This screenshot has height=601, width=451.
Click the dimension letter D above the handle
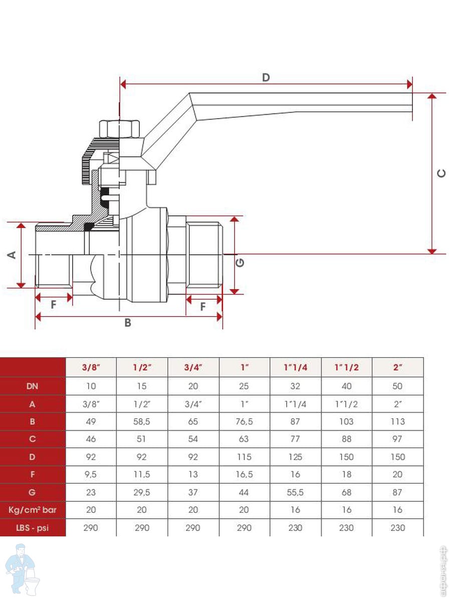coord(266,78)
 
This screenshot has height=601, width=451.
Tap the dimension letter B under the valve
coord(128,323)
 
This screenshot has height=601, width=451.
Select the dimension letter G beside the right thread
coord(241,261)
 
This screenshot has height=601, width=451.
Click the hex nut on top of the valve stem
coord(120,129)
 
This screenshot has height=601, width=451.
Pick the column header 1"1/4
coord(295,368)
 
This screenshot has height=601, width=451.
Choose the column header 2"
coord(398,368)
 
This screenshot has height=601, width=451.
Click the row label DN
coord(33,386)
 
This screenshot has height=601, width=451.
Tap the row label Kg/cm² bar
coord(33,510)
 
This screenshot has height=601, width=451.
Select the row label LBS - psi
coord(33,527)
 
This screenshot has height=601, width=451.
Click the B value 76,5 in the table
coord(244,422)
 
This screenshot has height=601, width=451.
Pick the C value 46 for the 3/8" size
coord(91,439)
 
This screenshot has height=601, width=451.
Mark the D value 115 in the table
coord(244,457)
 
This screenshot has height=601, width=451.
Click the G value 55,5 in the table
coord(295,492)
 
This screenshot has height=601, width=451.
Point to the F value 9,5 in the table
coord(91,475)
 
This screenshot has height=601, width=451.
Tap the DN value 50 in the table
coord(398,386)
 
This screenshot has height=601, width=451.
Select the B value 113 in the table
coord(398,422)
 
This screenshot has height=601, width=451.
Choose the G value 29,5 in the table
coord(142,492)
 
